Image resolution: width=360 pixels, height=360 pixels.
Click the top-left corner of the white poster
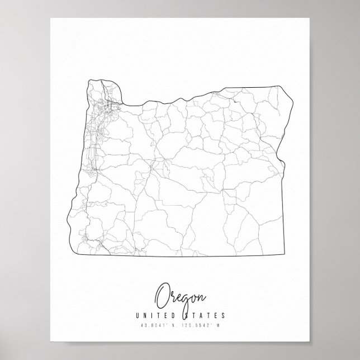pos(50,18)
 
